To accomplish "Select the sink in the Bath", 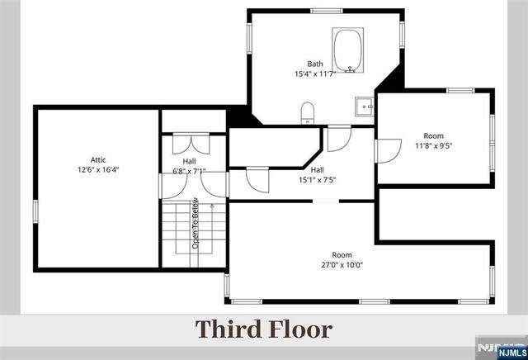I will pos(363,107).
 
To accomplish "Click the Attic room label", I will pos(99,159).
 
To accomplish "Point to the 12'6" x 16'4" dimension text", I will pos(99,169).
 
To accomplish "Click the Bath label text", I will pos(315,64).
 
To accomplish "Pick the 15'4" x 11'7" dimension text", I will pos(315,74).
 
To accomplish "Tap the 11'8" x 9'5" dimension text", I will pos(433,146).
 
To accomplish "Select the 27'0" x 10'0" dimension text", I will pos(342,265).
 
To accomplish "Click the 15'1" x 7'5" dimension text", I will pos(317,179).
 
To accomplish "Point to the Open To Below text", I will pos(196,224).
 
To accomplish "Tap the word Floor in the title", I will pos(301,329).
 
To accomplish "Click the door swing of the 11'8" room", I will pos(384,151).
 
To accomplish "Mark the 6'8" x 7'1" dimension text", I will pos(189,172).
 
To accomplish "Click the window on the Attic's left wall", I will pos(35,211).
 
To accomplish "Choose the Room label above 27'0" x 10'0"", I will pos(342,254).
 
